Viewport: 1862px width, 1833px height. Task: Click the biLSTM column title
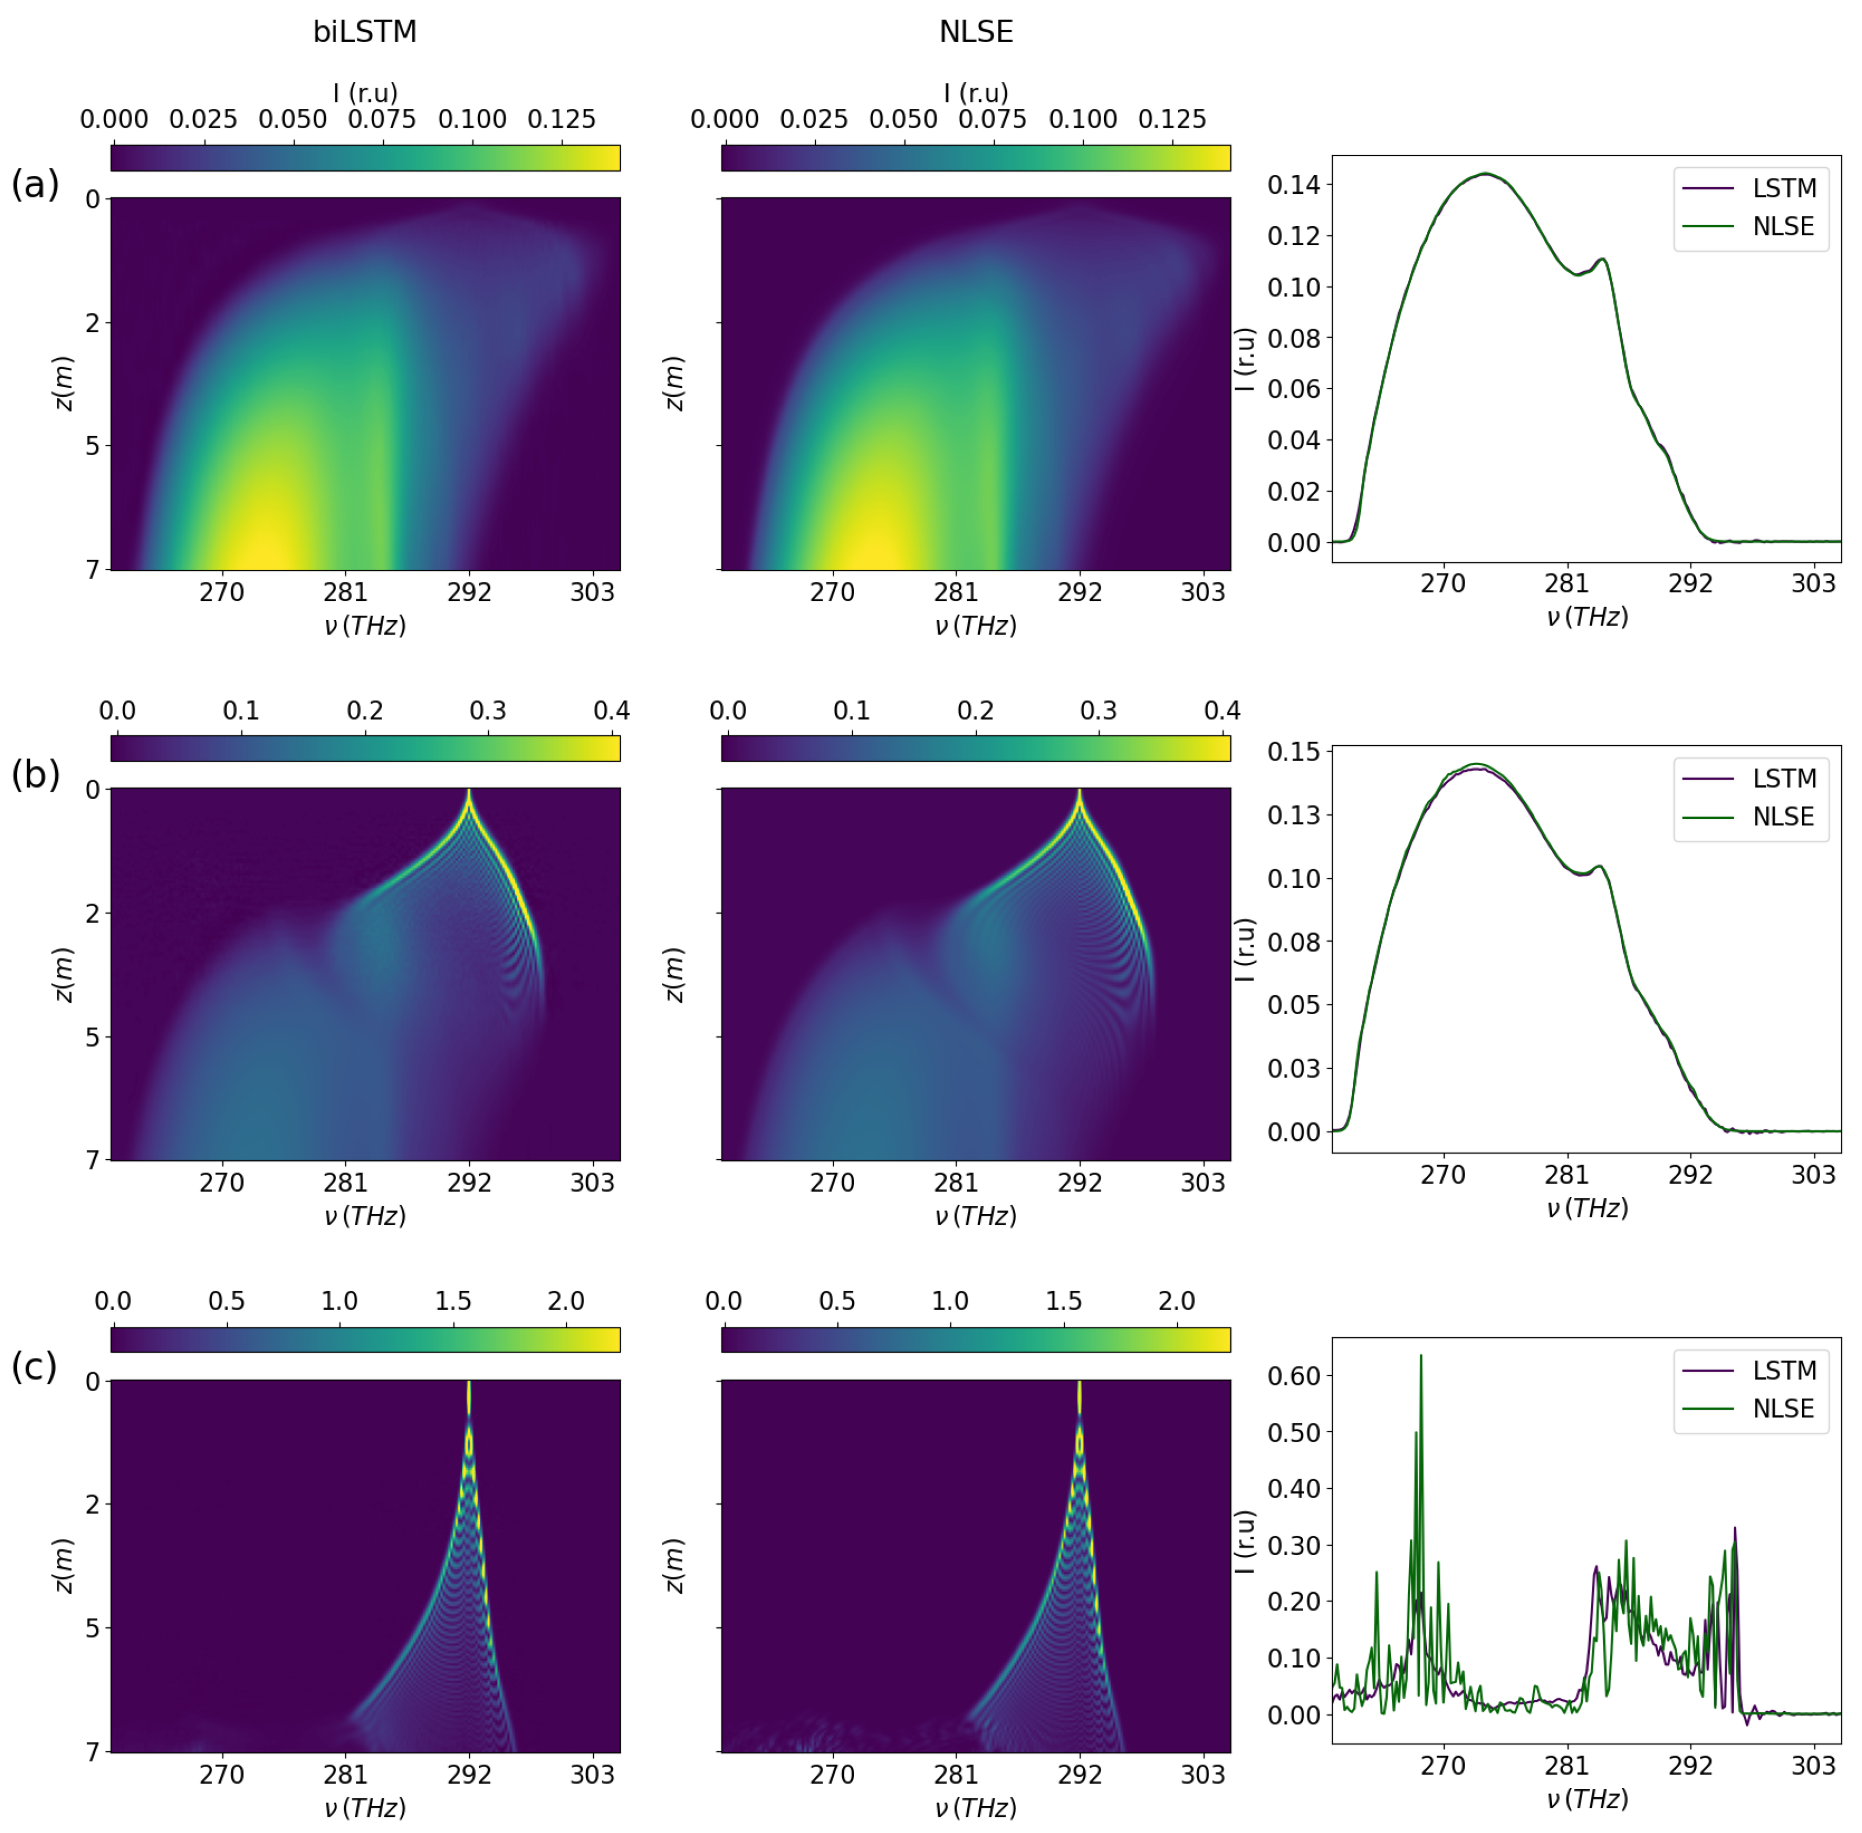365,32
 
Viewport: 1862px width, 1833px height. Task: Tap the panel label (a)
35,183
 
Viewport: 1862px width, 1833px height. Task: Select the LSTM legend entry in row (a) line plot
1783,188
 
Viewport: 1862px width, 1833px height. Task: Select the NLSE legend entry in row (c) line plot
1783,1409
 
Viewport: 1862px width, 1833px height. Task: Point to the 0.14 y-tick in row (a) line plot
1293,185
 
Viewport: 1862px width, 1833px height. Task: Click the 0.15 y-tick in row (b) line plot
1293,752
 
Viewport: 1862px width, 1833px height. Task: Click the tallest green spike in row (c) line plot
1420,1357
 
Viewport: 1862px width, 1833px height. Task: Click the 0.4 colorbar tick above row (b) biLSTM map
611,711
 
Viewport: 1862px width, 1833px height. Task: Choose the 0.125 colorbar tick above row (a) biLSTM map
561,120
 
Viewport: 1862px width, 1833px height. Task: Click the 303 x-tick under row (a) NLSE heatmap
1203,592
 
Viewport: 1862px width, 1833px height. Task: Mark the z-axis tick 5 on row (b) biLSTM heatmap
94,1037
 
